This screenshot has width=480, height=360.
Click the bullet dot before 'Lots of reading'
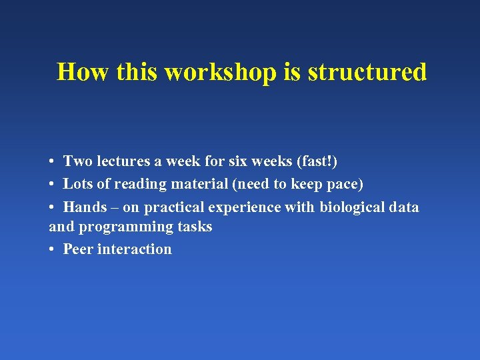point(51,185)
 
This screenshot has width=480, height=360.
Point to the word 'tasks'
point(195,227)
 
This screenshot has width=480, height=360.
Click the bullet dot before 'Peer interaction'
point(51,250)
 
